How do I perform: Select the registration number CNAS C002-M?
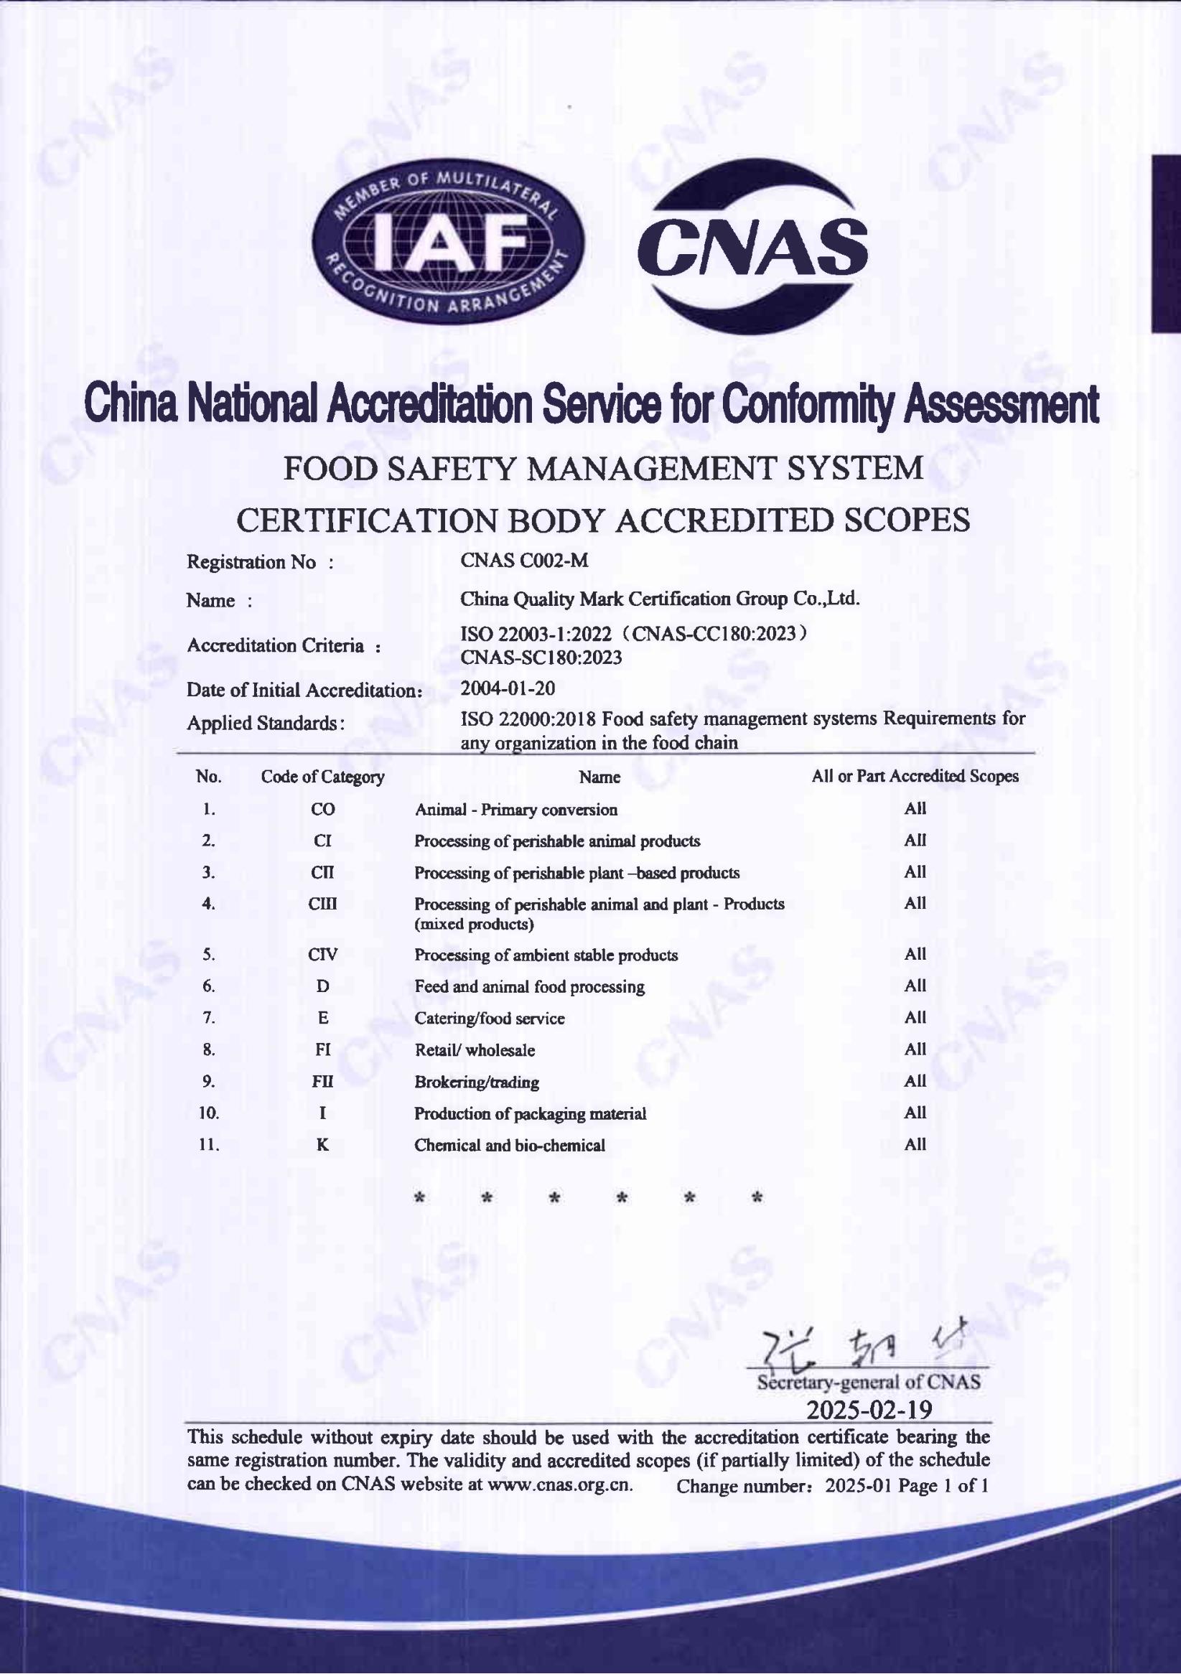point(523,560)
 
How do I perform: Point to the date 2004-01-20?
point(508,688)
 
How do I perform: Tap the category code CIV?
point(322,955)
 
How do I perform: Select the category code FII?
point(322,1081)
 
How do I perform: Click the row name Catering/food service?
point(489,1019)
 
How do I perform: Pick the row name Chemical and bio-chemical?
point(510,1146)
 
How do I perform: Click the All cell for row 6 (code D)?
point(915,986)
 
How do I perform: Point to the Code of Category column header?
point(322,777)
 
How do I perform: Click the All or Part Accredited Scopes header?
point(915,777)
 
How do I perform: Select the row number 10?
point(208,1113)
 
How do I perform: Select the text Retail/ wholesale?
point(475,1050)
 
